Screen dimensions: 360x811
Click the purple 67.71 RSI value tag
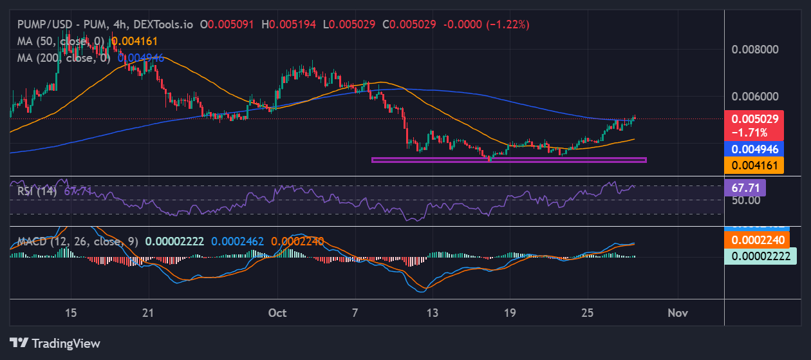pyautogui.click(x=745, y=188)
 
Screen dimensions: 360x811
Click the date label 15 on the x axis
pyautogui.click(x=71, y=313)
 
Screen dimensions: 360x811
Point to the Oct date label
pyautogui.click(x=277, y=313)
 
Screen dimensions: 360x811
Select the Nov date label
pyautogui.click(x=678, y=313)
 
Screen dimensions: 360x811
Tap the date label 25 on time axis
pyautogui.click(x=588, y=313)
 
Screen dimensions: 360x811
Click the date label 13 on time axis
pyautogui.click(x=433, y=313)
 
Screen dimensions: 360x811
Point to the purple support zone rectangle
pyautogui.click(x=508, y=160)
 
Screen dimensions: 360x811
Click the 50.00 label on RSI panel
pyautogui.click(x=745, y=200)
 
